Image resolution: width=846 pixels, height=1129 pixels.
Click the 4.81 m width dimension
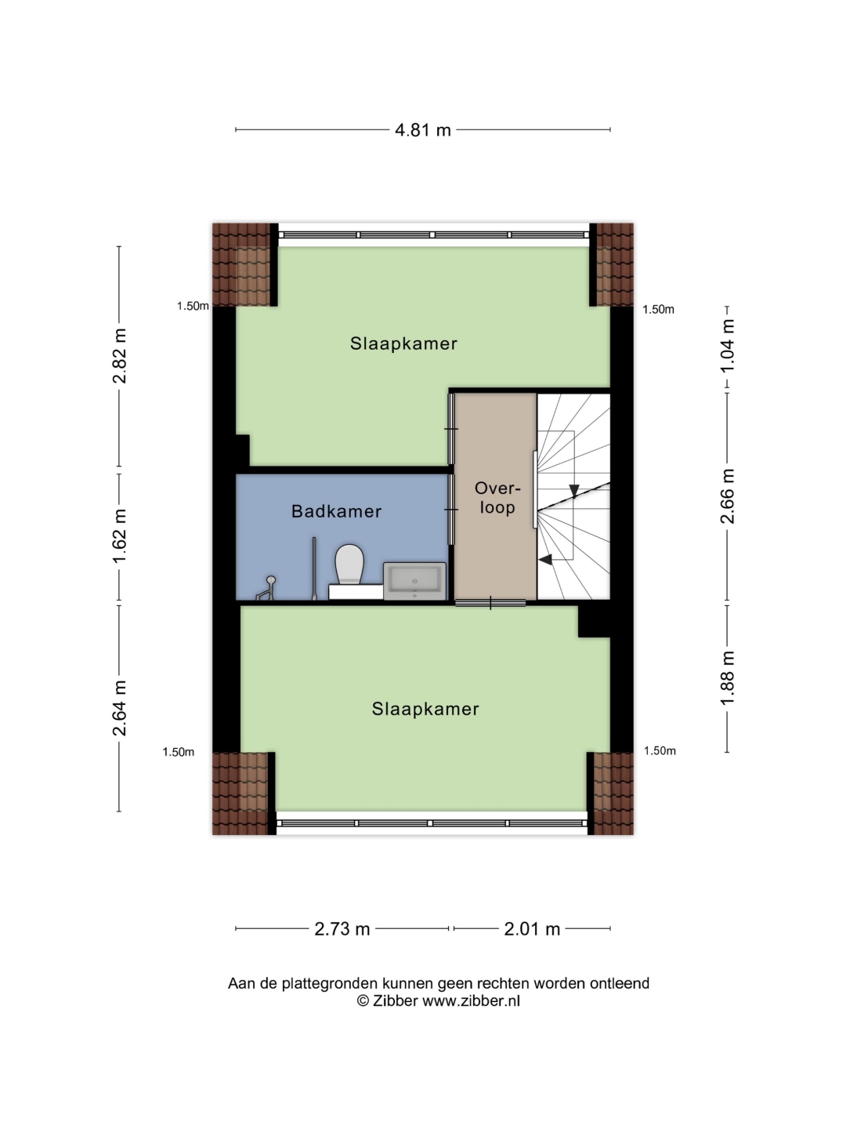point(422,130)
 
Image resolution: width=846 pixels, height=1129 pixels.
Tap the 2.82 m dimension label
point(120,356)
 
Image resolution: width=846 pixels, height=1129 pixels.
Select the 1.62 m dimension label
point(120,536)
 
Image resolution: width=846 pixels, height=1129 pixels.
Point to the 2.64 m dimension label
point(120,708)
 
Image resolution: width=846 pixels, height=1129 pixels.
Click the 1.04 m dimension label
point(727,345)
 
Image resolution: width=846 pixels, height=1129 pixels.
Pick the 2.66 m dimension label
point(727,496)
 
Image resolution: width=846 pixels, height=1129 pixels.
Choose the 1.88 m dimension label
point(727,677)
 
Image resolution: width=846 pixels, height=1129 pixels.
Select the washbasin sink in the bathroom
point(414,581)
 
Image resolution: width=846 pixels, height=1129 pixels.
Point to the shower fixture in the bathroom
point(267,588)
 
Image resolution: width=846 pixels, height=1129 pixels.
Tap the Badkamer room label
point(336,511)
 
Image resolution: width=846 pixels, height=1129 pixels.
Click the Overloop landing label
point(497,497)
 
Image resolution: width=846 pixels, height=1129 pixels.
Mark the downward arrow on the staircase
point(573,490)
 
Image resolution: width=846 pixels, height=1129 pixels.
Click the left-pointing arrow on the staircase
point(545,559)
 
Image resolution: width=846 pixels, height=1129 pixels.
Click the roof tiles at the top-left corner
point(241,264)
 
